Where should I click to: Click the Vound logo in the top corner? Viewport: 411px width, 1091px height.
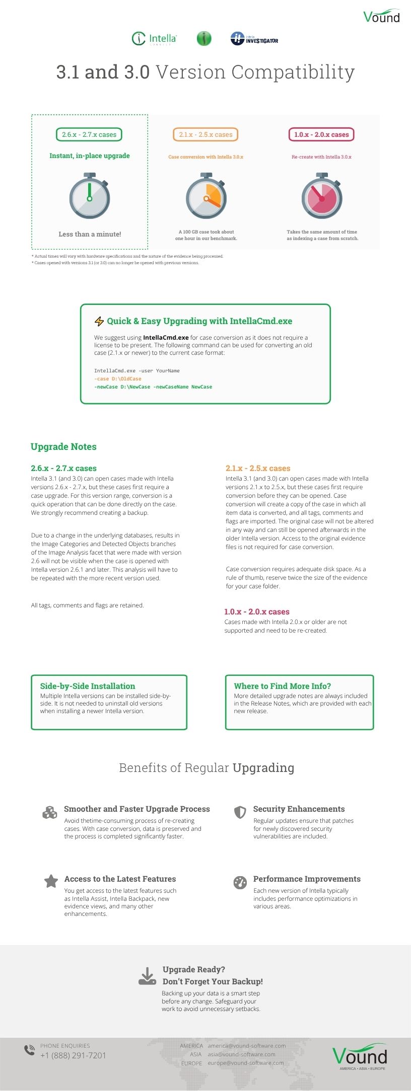381,17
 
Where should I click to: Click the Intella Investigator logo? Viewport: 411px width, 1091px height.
254,39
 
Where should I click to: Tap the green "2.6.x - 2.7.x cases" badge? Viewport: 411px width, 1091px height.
89,134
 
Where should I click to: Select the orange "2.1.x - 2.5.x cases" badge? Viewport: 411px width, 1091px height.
205,134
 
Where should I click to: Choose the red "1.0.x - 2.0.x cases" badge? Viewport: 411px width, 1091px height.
321,134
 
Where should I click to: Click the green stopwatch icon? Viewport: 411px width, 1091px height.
90,196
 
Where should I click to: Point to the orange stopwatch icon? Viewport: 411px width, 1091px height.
206,196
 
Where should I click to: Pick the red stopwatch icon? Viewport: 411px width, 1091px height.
322,196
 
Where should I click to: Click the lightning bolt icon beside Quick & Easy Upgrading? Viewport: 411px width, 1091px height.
99,322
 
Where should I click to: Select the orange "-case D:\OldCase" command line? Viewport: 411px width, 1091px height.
118,379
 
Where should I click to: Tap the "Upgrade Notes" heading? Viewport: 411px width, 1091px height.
63,447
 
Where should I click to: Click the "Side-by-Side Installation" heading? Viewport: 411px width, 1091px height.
88,686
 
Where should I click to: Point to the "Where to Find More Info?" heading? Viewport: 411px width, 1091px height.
282,686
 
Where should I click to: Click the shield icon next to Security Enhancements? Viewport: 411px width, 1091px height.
240,812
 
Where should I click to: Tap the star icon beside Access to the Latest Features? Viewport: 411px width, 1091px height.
51,881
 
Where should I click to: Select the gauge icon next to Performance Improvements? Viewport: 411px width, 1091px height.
240,882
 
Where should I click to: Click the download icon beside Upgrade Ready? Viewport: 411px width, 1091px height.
147,976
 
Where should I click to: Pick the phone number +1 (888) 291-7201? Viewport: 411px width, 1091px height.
74,1055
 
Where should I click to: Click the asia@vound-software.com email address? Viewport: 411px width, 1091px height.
241,1054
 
